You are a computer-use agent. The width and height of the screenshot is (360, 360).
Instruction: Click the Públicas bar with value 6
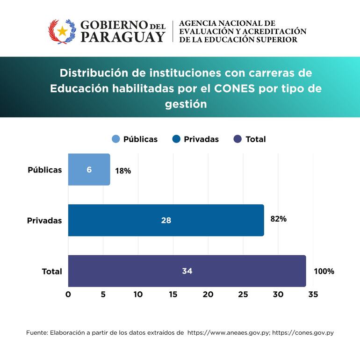pos(89,170)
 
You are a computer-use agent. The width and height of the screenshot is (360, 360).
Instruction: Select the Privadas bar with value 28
pos(166,220)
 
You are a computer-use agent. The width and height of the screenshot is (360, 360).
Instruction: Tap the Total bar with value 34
pos(187,271)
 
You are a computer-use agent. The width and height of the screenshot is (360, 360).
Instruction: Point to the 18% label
pos(123,171)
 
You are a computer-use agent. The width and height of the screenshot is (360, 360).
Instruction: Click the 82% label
pos(278,218)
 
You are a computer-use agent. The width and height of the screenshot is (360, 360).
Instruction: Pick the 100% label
pos(324,271)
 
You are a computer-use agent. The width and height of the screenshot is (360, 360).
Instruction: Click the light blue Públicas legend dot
pos(116,139)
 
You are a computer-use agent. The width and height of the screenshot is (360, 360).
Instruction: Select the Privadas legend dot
pos(176,139)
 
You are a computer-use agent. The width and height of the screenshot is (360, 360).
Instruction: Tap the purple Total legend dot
pos(238,139)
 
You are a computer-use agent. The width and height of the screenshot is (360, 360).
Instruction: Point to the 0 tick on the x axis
pos(68,295)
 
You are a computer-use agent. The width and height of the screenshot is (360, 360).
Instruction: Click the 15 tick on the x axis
pos(173,295)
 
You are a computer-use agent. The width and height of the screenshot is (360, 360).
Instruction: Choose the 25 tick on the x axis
pos(243,295)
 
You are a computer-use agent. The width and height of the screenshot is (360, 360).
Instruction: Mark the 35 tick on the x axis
pos(313,295)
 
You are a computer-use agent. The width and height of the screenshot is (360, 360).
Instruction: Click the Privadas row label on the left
pos(44,220)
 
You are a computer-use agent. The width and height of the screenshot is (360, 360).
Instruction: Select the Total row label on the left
pos(52,271)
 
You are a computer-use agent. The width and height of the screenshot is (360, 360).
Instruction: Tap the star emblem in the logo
pos(62,31)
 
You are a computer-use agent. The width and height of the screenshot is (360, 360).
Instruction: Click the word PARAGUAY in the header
pos(122,37)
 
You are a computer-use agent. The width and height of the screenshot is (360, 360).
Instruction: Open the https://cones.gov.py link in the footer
pos(303,333)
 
